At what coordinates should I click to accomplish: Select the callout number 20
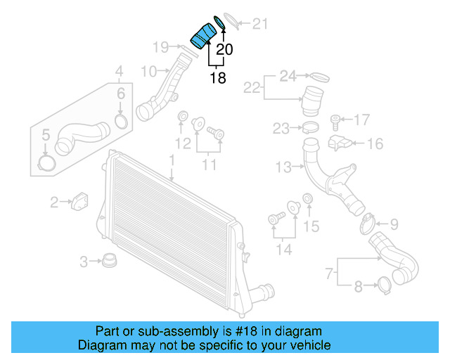224,50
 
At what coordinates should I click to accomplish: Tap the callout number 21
260,25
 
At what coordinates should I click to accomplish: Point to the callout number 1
171,161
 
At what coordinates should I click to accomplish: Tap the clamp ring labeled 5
46,164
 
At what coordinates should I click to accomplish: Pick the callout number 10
148,71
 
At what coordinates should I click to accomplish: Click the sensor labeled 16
340,143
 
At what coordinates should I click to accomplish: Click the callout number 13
283,167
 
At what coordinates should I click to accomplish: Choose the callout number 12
183,144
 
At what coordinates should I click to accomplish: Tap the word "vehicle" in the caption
309,345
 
